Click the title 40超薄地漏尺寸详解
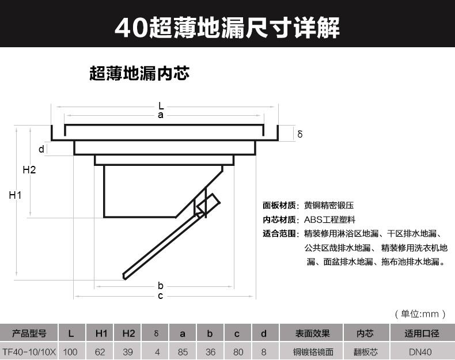pyautogui.click(x=227, y=27)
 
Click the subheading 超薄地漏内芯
pyautogui.click(x=139, y=74)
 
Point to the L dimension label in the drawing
pyautogui.click(x=161, y=106)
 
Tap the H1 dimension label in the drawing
pyautogui.click(x=16, y=196)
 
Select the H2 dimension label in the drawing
pyautogui.click(x=29, y=170)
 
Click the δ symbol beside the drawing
pyautogui.click(x=300, y=134)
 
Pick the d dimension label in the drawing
pyautogui.click(x=41, y=149)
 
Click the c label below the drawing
pyautogui.click(x=161, y=296)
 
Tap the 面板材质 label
pyautogui.click(x=279, y=205)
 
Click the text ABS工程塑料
pyautogui.click(x=329, y=219)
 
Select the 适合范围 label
pyautogui.click(x=279, y=234)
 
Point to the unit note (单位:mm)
pyautogui.click(x=420, y=314)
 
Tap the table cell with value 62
pyautogui.click(x=101, y=351)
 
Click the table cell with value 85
pyautogui.click(x=183, y=351)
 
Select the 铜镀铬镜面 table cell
pyautogui.click(x=313, y=351)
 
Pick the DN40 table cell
pyautogui.click(x=422, y=351)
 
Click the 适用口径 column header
pyautogui.click(x=422, y=334)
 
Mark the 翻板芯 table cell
pyautogui.click(x=365, y=351)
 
